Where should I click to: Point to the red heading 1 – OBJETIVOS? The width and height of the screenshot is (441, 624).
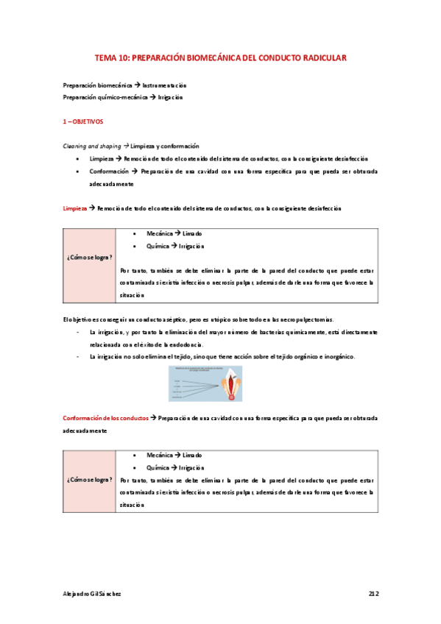point(83,121)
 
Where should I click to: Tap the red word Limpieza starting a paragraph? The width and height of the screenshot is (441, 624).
point(74,208)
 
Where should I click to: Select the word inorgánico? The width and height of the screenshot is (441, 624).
point(338,357)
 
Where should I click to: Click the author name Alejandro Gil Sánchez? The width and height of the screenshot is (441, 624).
point(91,592)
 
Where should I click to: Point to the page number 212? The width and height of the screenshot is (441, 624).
point(373,592)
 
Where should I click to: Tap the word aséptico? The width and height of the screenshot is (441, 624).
point(152,319)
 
